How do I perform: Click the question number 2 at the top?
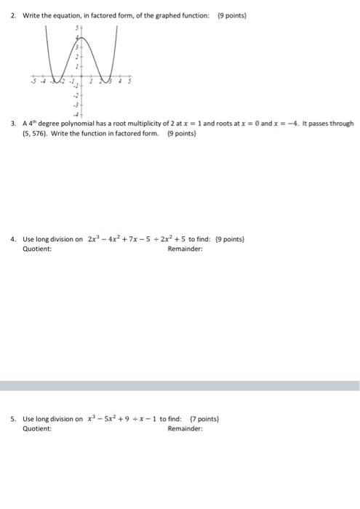[12, 14]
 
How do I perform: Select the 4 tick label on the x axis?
[122, 81]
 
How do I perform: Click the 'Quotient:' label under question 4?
[37, 249]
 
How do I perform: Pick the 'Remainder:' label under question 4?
[185, 249]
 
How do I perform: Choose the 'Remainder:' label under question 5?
[185, 429]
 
